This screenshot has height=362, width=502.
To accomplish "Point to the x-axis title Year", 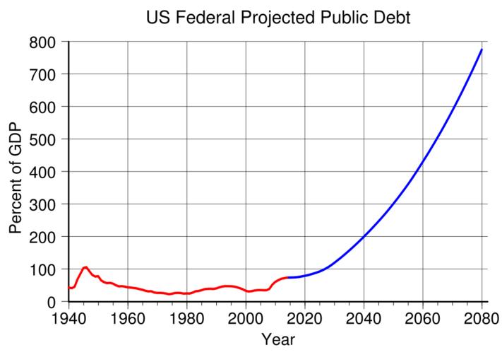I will click(x=277, y=341).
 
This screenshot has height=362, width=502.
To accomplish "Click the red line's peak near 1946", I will click(x=85, y=267).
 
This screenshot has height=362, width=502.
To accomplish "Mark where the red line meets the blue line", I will click(x=289, y=277).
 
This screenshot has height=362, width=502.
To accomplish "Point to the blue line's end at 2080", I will click(x=482, y=49).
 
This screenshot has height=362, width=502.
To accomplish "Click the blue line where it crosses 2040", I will click(x=364, y=236).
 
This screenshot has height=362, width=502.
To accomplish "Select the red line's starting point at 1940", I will click(x=68, y=288).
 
